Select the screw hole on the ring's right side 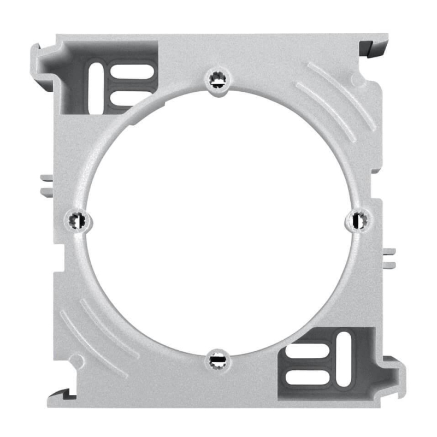359,220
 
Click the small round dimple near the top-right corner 356,81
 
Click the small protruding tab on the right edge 388,257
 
